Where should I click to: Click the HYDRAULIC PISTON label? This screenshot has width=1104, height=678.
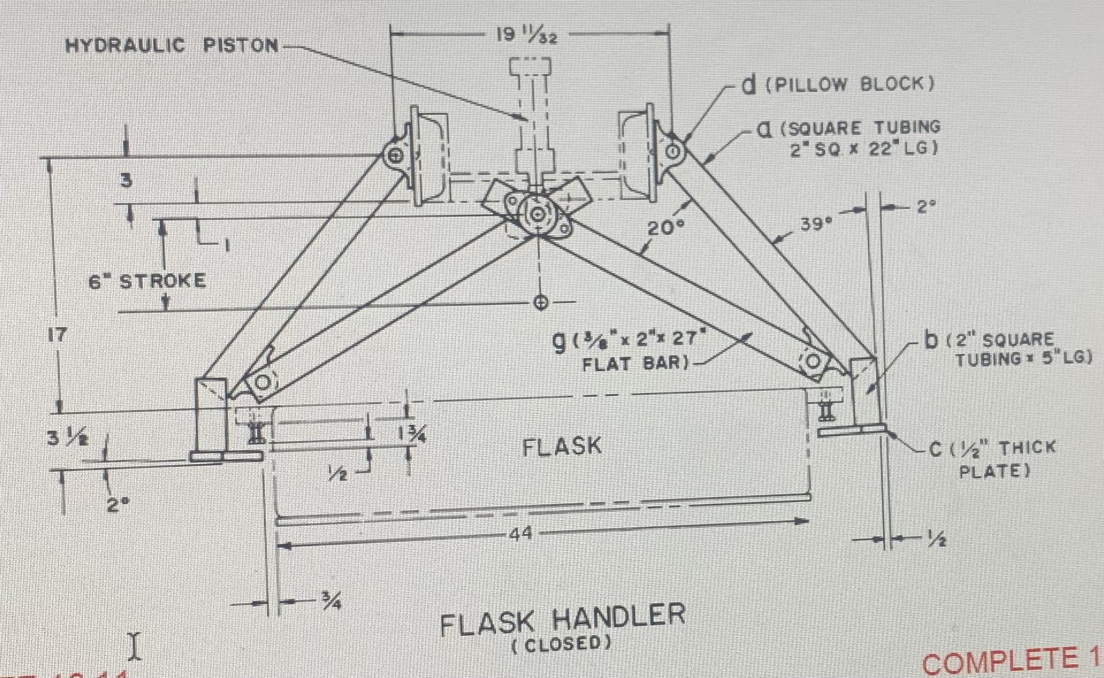tap(172, 45)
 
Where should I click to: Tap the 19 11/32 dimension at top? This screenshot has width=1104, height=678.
tap(526, 36)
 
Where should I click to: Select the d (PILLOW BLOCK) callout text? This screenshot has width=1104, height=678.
tap(837, 85)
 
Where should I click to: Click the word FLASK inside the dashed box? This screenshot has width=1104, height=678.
tap(561, 446)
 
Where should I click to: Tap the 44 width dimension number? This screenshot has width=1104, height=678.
tap(520, 534)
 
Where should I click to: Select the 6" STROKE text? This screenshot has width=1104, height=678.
tap(147, 281)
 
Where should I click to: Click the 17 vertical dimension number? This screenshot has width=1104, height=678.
tap(56, 334)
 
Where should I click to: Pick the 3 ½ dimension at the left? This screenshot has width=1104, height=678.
tap(68, 438)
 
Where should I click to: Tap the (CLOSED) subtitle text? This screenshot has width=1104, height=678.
tap(561, 643)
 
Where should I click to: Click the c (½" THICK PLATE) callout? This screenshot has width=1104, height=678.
tap(993, 458)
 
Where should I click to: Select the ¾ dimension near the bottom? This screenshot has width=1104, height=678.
tap(331, 602)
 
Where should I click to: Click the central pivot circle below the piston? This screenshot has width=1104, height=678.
tap(537, 214)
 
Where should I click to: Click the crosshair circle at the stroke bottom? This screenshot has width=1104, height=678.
tap(540, 302)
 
